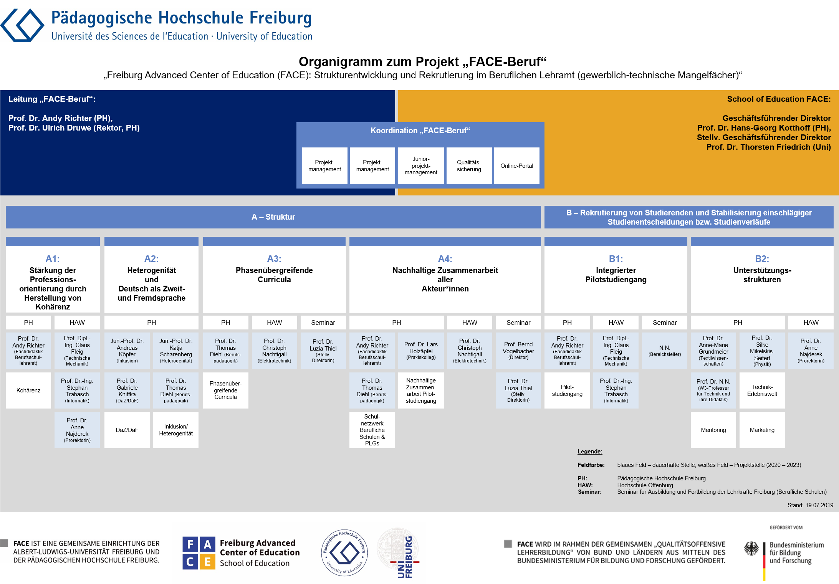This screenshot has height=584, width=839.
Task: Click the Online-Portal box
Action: click(x=516, y=166)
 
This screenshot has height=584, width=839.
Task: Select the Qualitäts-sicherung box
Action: click(x=469, y=166)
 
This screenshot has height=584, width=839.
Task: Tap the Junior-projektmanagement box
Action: click(x=421, y=166)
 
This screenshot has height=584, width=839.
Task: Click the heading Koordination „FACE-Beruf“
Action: click(x=420, y=131)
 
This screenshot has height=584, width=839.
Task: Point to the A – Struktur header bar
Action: click(x=273, y=217)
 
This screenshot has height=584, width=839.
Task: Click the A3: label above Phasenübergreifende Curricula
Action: click(x=274, y=259)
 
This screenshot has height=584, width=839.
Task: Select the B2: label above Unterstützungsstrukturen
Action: click(x=762, y=259)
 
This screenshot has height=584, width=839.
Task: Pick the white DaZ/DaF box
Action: click(x=127, y=430)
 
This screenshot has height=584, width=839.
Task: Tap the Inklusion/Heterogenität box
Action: click(x=176, y=430)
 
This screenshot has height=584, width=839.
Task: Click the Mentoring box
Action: click(x=713, y=430)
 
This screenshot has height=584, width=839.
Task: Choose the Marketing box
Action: click(x=762, y=430)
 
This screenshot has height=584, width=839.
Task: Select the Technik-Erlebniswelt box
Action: click(x=762, y=390)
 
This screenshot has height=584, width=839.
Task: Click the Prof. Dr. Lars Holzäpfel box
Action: click(x=421, y=351)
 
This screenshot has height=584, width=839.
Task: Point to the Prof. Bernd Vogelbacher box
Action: click(x=518, y=351)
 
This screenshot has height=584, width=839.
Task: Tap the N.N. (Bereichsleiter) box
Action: click(x=665, y=351)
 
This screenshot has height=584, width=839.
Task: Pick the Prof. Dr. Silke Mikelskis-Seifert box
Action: click(x=762, y=351)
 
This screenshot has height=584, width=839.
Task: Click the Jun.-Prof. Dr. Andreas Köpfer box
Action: click(x=127, y=351)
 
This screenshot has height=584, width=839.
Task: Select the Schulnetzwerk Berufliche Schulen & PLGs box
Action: click(x=372, y=430)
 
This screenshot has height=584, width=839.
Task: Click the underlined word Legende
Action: click(x=590, y=452)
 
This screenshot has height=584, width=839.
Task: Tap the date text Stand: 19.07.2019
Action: click(x=810, y=505)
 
